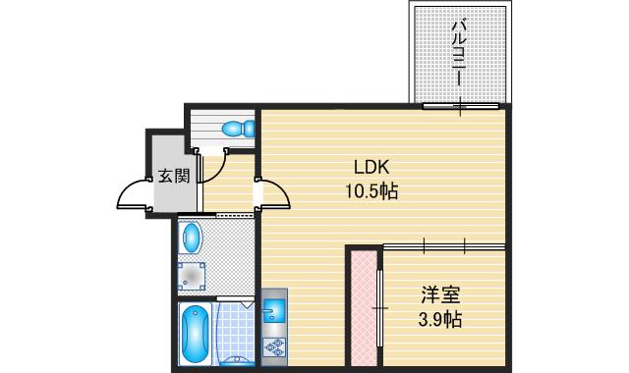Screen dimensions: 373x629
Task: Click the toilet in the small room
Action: [x=235, y=128]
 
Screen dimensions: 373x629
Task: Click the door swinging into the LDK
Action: [x=273, y=194]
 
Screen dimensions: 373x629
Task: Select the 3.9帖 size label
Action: [x=439, y=320]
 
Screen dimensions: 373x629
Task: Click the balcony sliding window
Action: [x=462, y=105]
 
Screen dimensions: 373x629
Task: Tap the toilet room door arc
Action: [x=211, y=167]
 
